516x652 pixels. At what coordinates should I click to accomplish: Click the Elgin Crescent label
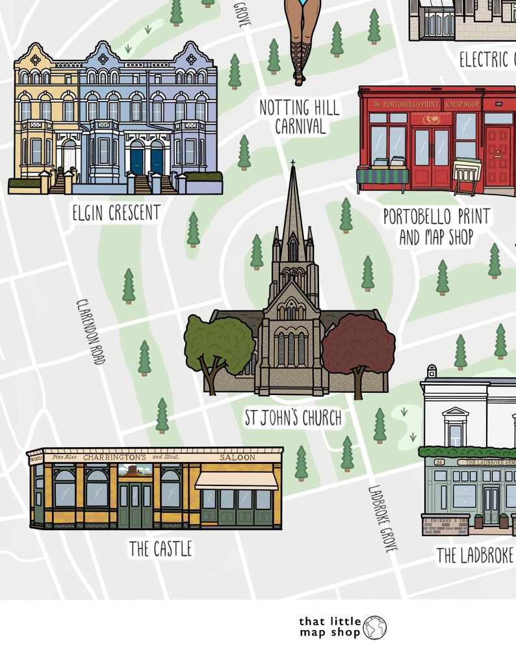point(117,213)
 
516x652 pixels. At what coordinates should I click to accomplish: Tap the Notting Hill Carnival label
point(300,116)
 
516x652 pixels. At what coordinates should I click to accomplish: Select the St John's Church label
point(292,417)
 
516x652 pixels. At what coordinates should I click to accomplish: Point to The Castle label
point(161,549)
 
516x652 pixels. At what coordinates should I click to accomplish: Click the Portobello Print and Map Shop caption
point(436,226)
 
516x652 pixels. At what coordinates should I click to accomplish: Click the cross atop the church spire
point(293,163)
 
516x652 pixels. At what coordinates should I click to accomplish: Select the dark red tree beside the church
point(358,348)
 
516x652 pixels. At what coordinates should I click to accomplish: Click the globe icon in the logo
point(376,627)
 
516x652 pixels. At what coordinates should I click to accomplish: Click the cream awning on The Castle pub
point(237,481)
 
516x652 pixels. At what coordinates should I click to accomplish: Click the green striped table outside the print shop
point(383,177)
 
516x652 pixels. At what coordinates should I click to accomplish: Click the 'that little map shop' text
point(329,627)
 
